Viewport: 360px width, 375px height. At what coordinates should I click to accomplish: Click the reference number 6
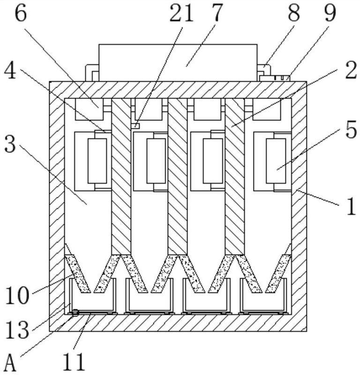click(x=21, y=14)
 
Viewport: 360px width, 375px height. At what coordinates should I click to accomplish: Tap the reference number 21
click(x=182, y=14)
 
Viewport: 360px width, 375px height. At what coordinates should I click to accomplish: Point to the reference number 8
click(x=294, y=14)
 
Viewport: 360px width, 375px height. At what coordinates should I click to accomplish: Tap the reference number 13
click(x=17, y=329)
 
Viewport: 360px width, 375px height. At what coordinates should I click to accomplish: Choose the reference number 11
click(x=75, y=361)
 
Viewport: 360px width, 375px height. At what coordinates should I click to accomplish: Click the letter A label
click(x=10, y=362)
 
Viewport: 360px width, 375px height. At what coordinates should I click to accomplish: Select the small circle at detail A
click(x=74, y=314)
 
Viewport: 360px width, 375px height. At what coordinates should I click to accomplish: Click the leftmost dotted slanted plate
click(x=77, y=273)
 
